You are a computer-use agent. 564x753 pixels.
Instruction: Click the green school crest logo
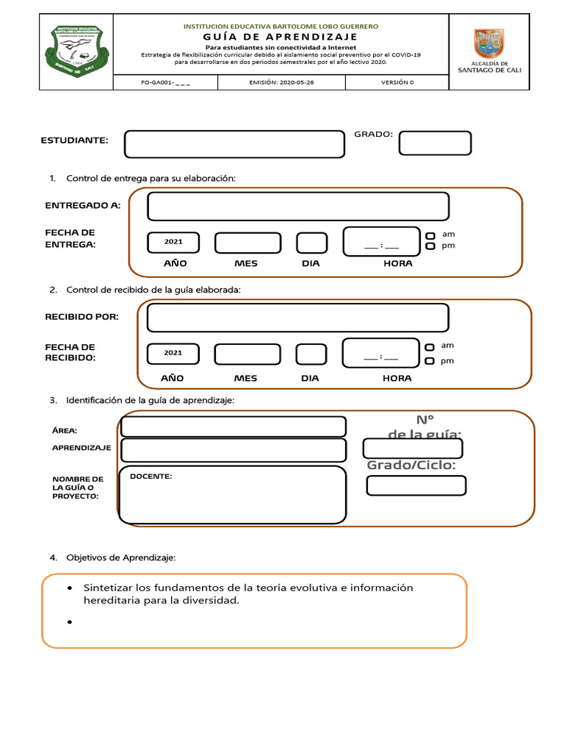tap(75, 51)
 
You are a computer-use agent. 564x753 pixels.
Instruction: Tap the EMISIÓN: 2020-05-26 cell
tap(281, 82)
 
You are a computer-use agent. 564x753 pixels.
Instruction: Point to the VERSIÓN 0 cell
tap(397, 82)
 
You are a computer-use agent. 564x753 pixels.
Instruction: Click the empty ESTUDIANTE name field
tap(234, 144)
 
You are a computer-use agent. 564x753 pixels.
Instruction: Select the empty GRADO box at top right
tap(435, 143)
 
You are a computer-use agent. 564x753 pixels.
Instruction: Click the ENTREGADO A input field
tap(297, 207)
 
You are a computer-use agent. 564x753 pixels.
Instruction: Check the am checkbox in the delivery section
tap(431, 235)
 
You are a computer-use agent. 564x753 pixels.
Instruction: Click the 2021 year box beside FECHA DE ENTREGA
tap(173, 242)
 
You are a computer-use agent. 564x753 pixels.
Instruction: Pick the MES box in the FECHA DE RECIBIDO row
tap(246, 354)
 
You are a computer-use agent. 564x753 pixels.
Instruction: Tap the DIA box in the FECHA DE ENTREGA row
tap(311, 243)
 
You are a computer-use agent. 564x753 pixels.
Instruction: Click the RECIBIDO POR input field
tap(297, 318)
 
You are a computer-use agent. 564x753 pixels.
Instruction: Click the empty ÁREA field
tap(233, 427)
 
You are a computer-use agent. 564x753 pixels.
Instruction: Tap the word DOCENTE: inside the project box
tap(151, 477)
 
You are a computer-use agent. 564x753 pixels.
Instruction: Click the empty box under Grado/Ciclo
tap(416, 485)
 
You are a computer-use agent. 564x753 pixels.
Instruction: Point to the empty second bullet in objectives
tap(69, 622)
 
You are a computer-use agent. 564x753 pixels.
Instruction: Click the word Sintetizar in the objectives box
tap(108, 588)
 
